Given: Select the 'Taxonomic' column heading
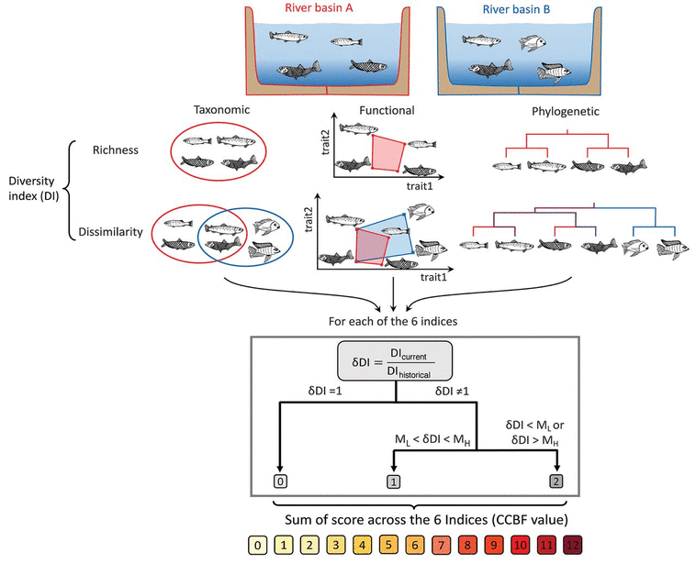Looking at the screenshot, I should point(221,109).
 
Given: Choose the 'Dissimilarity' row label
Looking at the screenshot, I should point(107,233).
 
